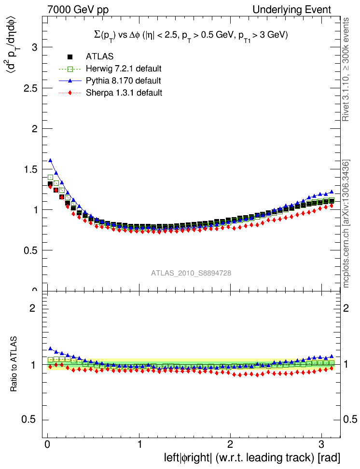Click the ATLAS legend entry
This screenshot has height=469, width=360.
99,57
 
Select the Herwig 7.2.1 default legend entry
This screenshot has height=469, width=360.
123,69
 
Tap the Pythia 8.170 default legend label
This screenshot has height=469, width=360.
123,81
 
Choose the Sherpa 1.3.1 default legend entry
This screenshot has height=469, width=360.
124,92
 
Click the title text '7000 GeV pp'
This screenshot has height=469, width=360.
75,10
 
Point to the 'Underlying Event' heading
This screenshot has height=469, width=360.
299,10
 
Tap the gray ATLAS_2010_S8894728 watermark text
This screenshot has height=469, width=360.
191,273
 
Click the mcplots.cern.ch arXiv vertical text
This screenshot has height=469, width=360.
346,223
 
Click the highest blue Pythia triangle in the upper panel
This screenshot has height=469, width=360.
50,160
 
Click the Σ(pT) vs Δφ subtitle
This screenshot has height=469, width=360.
191,35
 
